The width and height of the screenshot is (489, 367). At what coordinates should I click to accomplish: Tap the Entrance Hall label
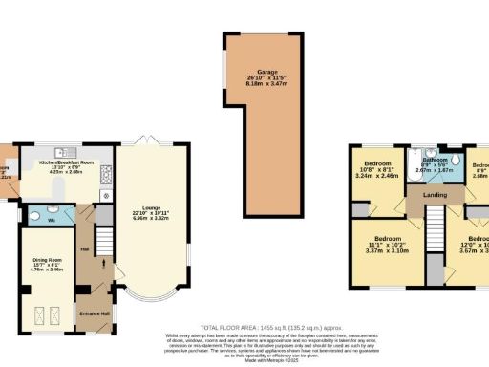click(94, 313)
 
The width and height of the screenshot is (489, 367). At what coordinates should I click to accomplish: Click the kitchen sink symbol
click(60, 150)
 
